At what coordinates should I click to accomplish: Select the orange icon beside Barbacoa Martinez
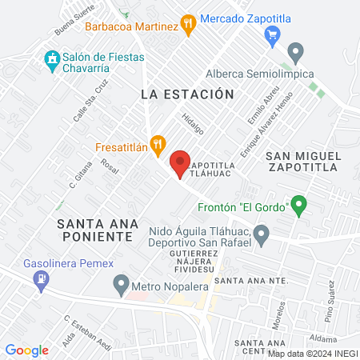pos(189,26)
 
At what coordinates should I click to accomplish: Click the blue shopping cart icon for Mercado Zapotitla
pos(273,34)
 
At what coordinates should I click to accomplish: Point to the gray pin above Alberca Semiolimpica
pos(295,54)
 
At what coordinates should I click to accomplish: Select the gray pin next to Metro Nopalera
pos(122,282)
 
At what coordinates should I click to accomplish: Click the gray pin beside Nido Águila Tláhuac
pos(261,234)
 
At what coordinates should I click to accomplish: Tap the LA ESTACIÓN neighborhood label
pos(187,94)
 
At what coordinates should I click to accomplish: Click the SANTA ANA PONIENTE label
pos(94,230)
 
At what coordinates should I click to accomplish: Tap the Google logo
pos(26,350)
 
